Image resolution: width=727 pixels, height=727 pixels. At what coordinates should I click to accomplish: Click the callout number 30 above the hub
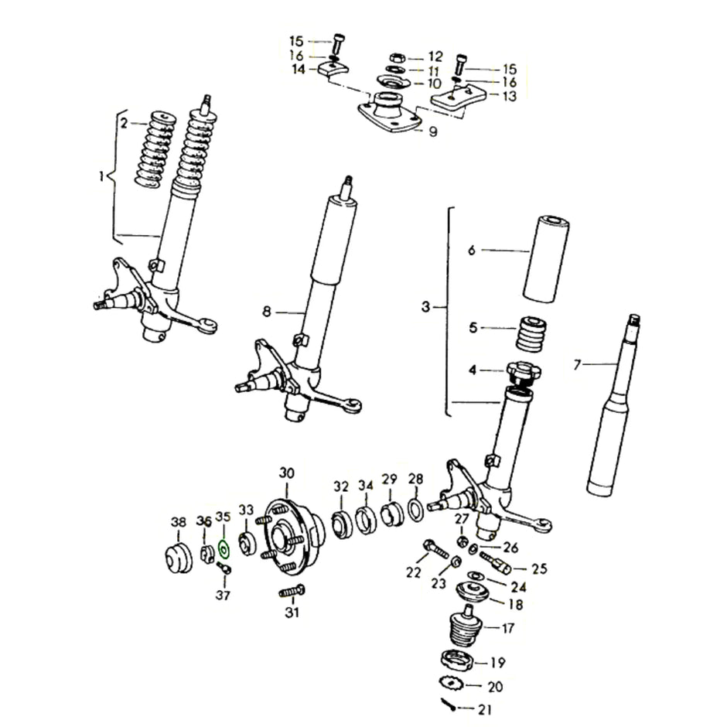[x=287, y=473]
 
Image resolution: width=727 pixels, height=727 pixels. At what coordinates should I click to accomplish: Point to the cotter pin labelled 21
[x=449, y=704]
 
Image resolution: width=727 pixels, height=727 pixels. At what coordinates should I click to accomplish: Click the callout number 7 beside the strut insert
[x=576, y=365]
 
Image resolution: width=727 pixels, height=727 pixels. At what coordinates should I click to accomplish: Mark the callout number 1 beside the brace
[x=101, y=177]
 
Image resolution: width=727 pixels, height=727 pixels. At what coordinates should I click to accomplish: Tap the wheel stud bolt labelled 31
[x=292, y=592]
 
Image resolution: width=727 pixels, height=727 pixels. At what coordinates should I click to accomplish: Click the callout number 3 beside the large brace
[x=425, y=308]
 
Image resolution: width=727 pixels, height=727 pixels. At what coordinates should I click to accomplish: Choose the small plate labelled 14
[x=332, y=69]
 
